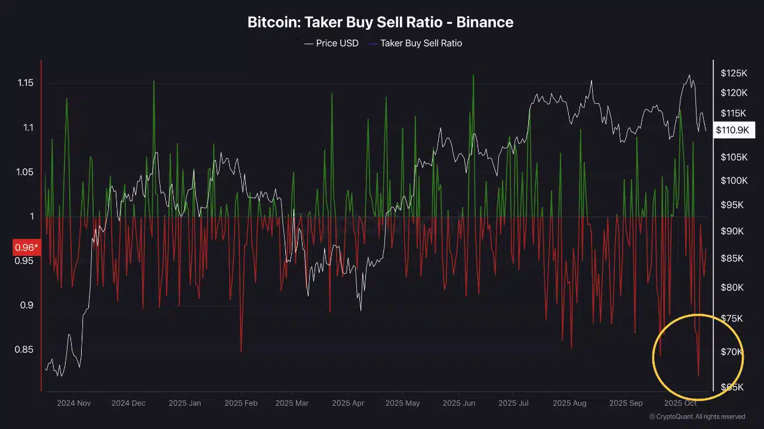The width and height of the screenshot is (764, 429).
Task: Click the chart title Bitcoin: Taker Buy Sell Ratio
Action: click(x=380, y=23)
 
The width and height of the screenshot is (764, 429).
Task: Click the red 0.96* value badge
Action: click(x=26, y=247)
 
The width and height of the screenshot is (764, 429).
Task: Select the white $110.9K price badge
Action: click(x=734, y=130)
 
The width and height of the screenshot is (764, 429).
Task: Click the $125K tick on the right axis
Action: click(x=734, y=73)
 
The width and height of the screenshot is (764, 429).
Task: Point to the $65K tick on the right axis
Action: click(x=732, y=387)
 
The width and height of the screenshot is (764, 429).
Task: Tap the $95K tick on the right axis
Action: click(x=732, y=205)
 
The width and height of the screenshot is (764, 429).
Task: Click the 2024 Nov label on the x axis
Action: click(x=74, y=403)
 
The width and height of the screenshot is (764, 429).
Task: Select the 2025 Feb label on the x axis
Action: click(x=241, y=403)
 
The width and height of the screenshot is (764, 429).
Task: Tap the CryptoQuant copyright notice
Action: click(x=697, y=416)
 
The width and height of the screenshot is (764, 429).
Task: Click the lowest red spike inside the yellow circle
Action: click(x=698, y=376)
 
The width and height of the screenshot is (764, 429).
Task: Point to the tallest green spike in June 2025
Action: click(x=473, y=75)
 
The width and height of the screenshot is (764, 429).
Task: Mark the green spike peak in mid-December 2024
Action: click(x=153, y=81)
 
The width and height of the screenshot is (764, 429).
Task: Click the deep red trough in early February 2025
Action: click(x=241, y=351)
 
